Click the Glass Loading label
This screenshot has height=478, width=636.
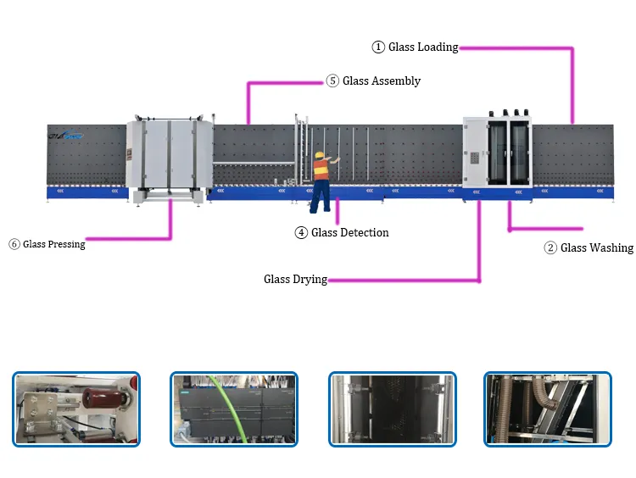(423, 47)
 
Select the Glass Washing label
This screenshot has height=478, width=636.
(597, 248)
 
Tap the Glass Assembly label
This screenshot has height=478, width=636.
(382, 81)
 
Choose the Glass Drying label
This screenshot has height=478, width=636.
(295, 279)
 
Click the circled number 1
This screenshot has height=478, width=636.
(379, 47)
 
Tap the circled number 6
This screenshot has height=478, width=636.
(14, 244)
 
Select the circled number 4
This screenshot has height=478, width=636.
(301, 232)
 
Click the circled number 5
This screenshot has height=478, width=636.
(332, 81)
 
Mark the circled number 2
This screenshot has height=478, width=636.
(550, 248)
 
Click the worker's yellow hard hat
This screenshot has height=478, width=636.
(320, 155)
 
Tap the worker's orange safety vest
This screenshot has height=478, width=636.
(321, 170)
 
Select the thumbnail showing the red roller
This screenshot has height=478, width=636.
(76, 409)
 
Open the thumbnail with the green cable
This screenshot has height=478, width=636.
(234, 409)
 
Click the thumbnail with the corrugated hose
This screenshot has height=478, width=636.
(547, 409)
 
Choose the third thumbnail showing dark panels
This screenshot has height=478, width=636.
(392, 409)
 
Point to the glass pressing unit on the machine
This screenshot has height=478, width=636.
(169, 158)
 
